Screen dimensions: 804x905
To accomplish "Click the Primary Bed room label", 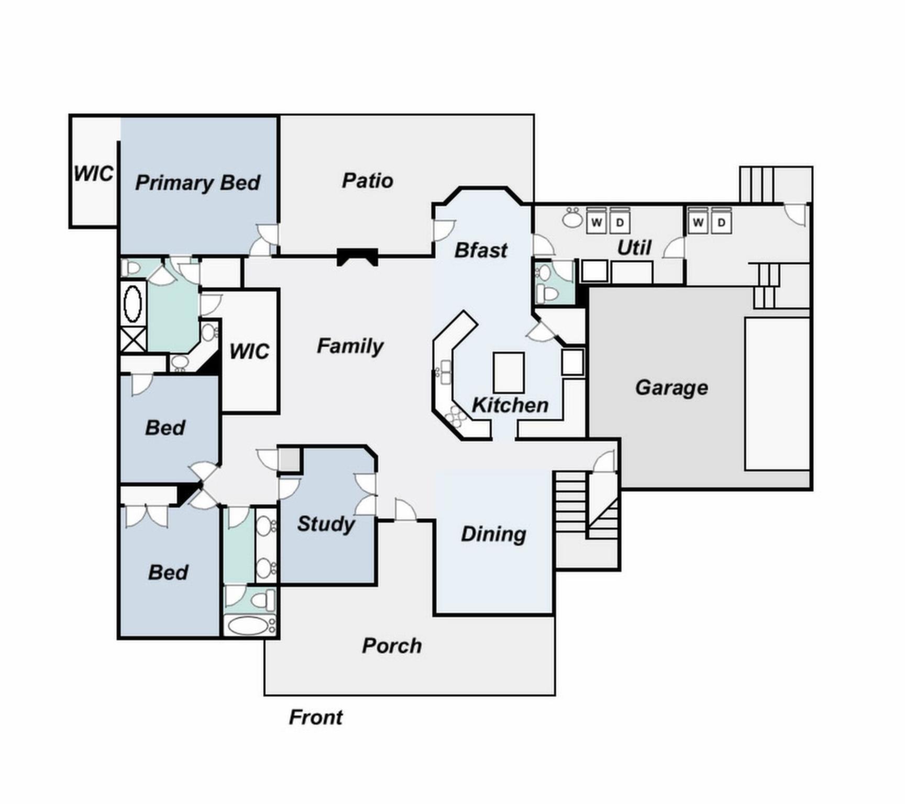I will (197, 183).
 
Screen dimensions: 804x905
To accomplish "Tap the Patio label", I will (367, 181).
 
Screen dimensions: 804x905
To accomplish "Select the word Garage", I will (671, 388).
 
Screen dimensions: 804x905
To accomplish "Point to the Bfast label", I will (480, 250).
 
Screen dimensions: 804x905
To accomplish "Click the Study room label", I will (326, 524).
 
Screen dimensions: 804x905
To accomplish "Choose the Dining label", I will (493, 534).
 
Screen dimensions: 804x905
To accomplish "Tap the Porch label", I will (392, 646).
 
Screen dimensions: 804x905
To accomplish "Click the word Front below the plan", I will (315, 717).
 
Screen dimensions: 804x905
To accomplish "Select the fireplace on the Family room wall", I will (357, 256).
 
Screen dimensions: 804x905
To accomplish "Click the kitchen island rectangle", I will (509, 373).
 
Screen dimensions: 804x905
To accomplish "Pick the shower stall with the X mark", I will (133, 340).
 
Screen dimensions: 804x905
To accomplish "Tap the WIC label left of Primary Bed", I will (93, 174).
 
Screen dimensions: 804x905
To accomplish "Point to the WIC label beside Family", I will (249, 352).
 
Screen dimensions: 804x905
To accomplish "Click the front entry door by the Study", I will (405, 511).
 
